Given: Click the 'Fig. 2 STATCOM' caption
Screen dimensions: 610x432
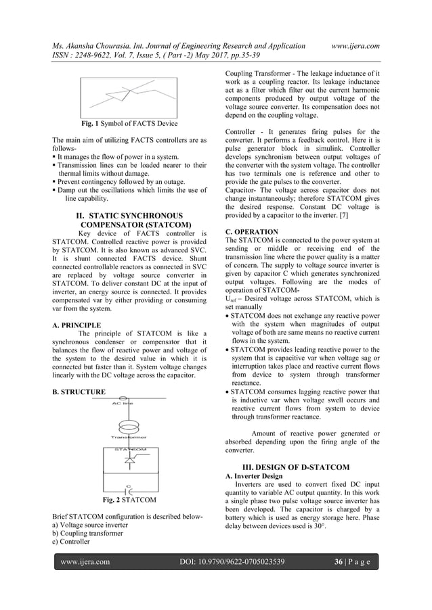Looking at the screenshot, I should click(x=129, y=500).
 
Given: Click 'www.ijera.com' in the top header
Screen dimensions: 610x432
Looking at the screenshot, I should click(x=351, y=45).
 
